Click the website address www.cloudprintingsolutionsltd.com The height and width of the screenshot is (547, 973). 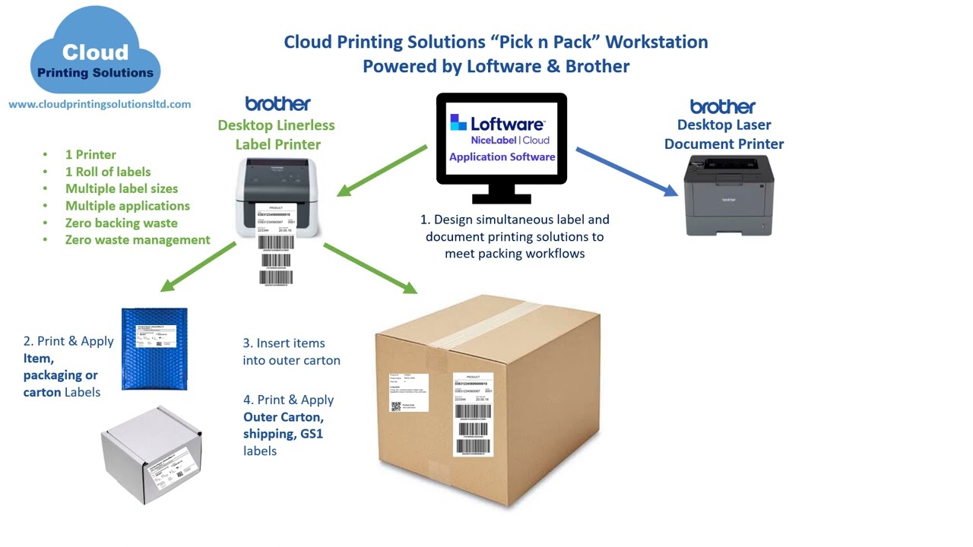pos(100,104)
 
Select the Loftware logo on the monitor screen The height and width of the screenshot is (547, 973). pos(497,123)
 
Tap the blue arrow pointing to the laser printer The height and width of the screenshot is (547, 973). pos(626,172)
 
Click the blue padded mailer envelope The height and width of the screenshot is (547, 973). pos(154,347)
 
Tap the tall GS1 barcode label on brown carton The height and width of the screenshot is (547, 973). pos(473,413)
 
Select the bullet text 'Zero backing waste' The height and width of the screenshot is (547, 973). pos(121,223)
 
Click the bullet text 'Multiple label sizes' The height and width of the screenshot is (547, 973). pos(122,188)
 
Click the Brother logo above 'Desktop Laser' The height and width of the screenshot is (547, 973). pos(722,106)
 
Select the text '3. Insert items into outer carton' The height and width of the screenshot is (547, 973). pos(291,352)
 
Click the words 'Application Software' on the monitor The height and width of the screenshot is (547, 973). pos(502,157)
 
